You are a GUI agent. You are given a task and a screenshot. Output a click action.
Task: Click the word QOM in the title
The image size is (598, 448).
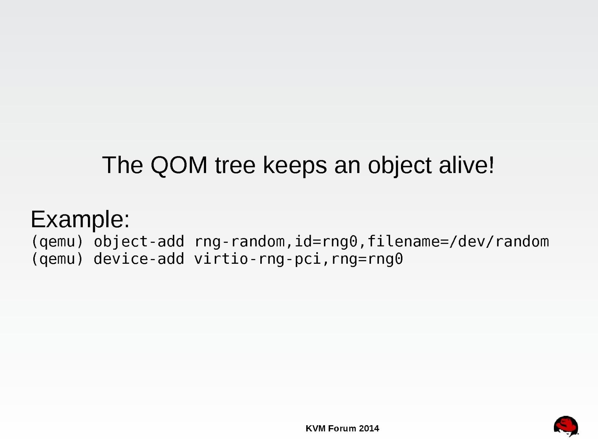coord(179,165)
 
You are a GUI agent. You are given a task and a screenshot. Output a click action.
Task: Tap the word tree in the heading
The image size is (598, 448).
coord(235,166)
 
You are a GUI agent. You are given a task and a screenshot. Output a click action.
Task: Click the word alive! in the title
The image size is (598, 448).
coord(466,165)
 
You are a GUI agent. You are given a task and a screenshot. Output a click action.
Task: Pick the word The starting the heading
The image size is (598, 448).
coord(123,165)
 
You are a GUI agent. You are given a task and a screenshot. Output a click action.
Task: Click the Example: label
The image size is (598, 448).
coord(80,219)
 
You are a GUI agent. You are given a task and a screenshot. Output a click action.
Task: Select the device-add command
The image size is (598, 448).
coord(139,259)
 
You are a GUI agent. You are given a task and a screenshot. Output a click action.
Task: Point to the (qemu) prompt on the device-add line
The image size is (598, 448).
coord(57,259)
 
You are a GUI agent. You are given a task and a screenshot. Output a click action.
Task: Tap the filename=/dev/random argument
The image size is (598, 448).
coord(458,242)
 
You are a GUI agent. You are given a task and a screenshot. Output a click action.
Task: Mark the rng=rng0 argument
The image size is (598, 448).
coord(367,259)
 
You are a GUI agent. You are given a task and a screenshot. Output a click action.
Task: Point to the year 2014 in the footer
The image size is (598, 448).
coord(369,429)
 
